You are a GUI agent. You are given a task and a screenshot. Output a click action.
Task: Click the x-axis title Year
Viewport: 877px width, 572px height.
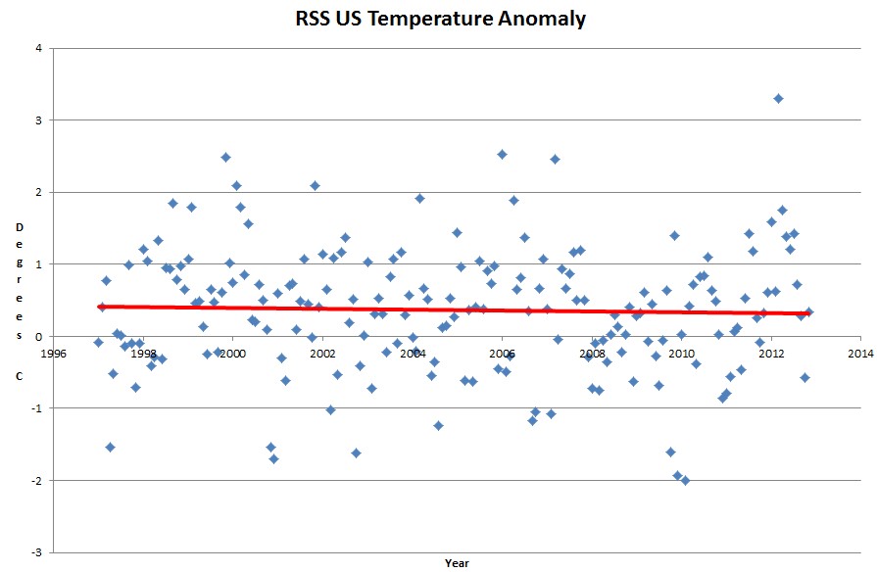click(x=457, y=562)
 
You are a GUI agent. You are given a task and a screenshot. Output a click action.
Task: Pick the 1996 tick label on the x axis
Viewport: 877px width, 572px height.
click(x=53, y=353)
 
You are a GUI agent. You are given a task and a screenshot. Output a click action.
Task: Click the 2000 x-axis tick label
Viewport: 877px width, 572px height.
click(x=232, y=353)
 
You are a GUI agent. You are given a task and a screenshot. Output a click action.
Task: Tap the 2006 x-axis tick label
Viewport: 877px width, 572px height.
click(x=502, y=353)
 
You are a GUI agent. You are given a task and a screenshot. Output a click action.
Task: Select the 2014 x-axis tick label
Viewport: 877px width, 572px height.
click(x=860, y=353)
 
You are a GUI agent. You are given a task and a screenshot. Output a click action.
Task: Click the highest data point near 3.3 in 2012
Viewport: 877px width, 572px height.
click(x=778, y=98)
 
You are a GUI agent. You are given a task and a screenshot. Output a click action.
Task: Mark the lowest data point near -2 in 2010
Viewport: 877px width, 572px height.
click(x=685, y=480)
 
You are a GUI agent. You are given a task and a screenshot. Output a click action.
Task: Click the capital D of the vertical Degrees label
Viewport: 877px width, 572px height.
click(x=19, y=227)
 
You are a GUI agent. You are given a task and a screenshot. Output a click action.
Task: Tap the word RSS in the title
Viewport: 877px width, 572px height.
click(x=317, y=19)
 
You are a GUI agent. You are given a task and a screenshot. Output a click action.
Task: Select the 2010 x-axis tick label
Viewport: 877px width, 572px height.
click(x=681, y=353)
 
